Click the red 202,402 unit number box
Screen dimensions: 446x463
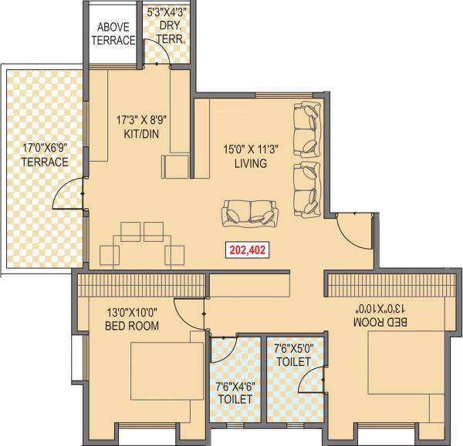click(x=247, y=250)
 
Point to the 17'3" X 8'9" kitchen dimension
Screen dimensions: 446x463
click(x=140, y=119)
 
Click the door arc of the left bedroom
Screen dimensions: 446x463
click(x=189, y=312)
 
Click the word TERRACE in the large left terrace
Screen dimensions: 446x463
click(x=45, y=162)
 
